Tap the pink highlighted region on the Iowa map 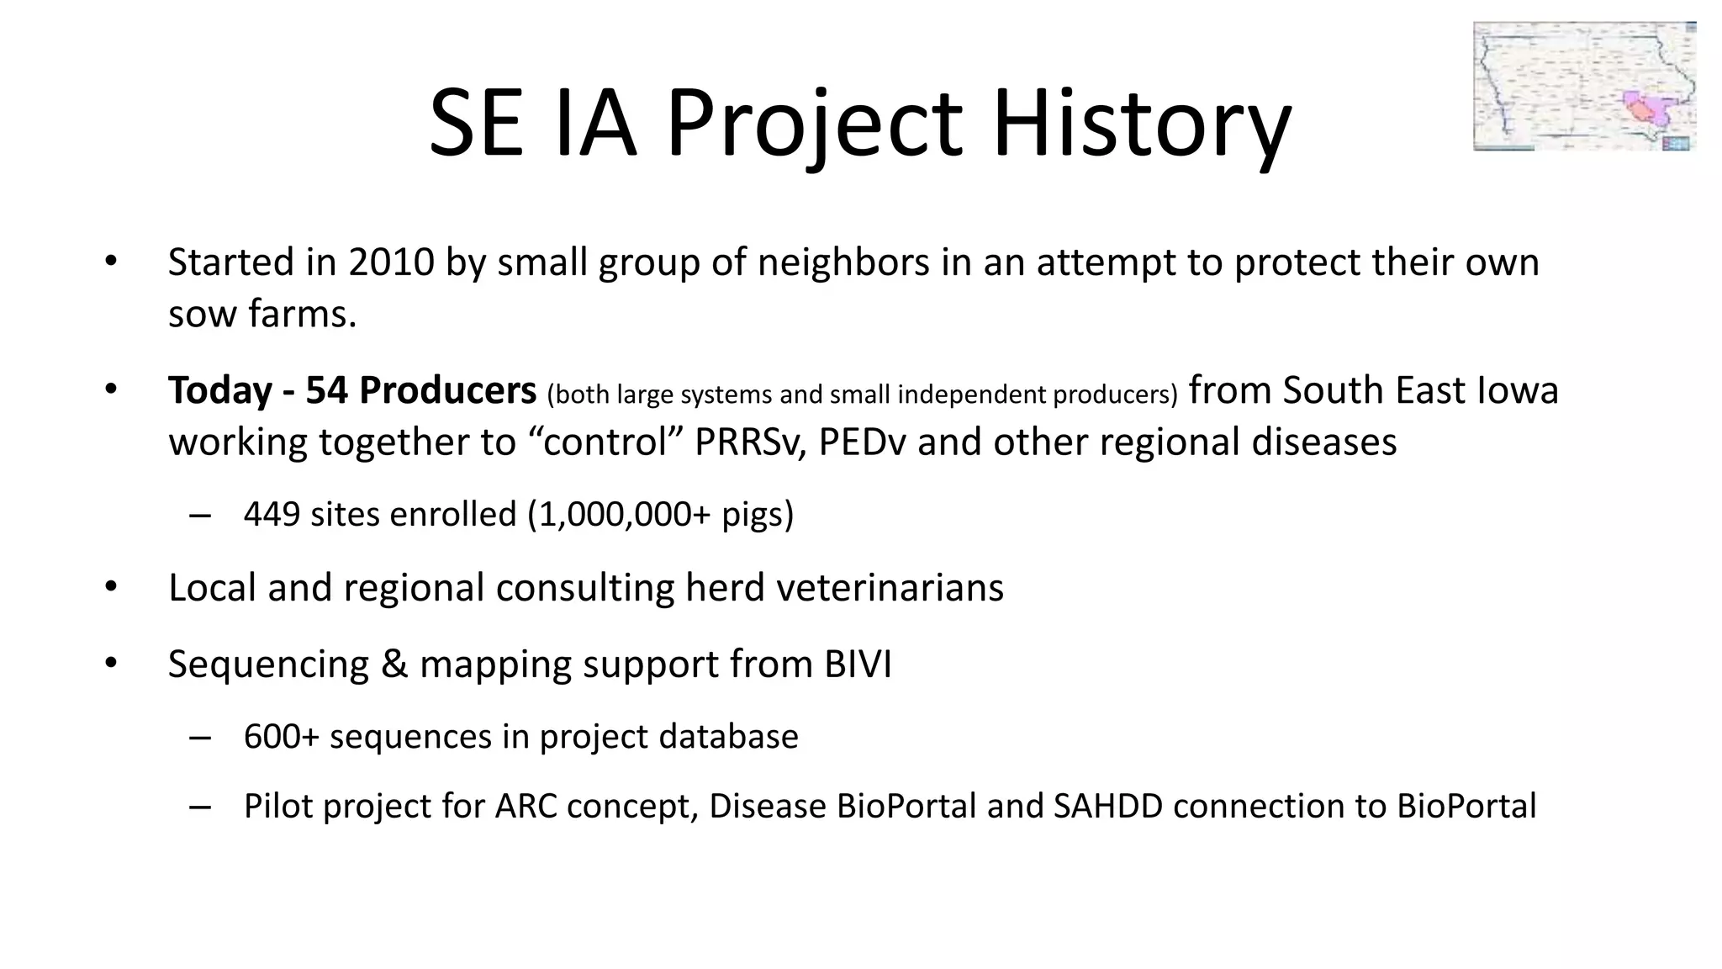[x=1644, y=109]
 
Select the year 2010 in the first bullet [x=391, y=262]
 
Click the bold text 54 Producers [x=420, y=390]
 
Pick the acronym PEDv [x=862, y=442]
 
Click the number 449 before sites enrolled [x=272, y=514]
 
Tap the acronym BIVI [x=858, y=665]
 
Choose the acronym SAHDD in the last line [x=1108, y=807]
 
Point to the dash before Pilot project [x=200, y=807]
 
